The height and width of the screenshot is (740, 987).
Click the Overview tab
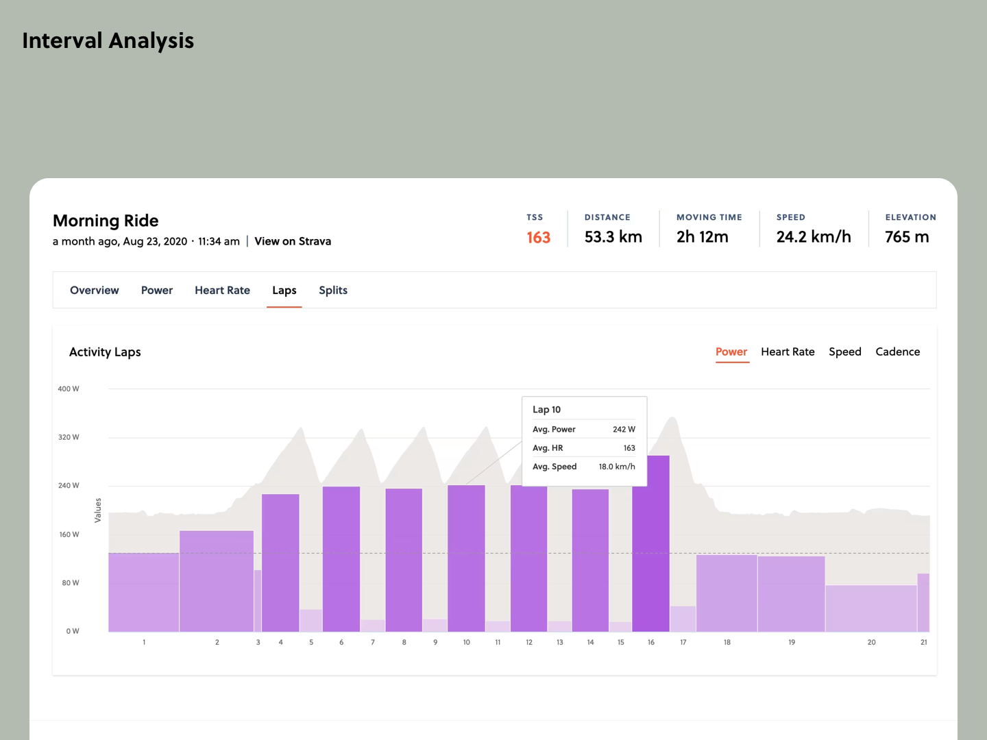pyautogui.click(x=94, y=291)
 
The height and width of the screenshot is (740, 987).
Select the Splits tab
pyautogui.click(x=332, y=291)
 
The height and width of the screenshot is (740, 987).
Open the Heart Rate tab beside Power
pyautogui.click(x=222, y=291)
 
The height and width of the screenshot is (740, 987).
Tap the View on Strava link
pyautogui.click(x=293, y=241)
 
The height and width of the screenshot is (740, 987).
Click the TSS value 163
pyautogui.click(x=538, y=237)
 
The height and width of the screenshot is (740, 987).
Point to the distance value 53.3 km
pyautogui.click(x=613, y=237)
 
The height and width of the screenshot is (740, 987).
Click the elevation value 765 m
pyautogui.click(x=906, y=237)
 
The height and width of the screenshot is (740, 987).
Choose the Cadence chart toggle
pyautogui.click(x=897, y=351)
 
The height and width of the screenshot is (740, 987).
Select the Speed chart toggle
pyautogui.click(x=844, y=351)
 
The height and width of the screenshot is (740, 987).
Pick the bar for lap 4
pyautogui.click(x=280, y=562)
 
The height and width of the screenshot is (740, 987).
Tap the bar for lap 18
pyautogui.click(x=727, y=593)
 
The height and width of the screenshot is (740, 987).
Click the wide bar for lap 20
pyautogui.click(x=870, y=608)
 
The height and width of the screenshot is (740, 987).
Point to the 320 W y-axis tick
pyautogui.click(x=69, y=437)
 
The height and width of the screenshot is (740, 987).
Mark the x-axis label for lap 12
pyautogui.click(x=529, y=643)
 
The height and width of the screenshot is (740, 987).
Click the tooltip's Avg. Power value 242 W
pyautogui.click(x=624, y=430)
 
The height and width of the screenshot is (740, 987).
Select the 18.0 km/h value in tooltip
pyautogui.click(x=617, y=467)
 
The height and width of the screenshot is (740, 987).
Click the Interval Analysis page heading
pyautogui.click(x=108, y=41)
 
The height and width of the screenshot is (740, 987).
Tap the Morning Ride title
pyautogui.click(x=106, y=221)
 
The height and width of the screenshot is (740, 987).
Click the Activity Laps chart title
pyautogui.click(x=105, y=352)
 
